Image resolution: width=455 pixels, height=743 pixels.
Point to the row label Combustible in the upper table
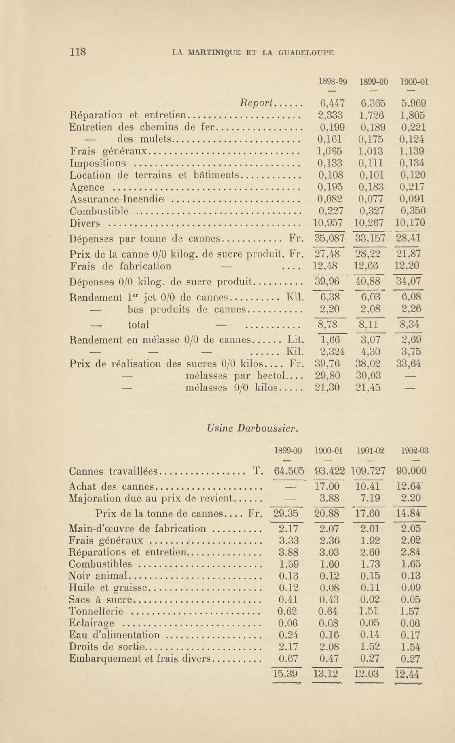coord(99,211)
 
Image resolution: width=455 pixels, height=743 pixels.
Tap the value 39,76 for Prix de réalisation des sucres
coord(327,364)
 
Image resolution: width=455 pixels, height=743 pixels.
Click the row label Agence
coord(87,187)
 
